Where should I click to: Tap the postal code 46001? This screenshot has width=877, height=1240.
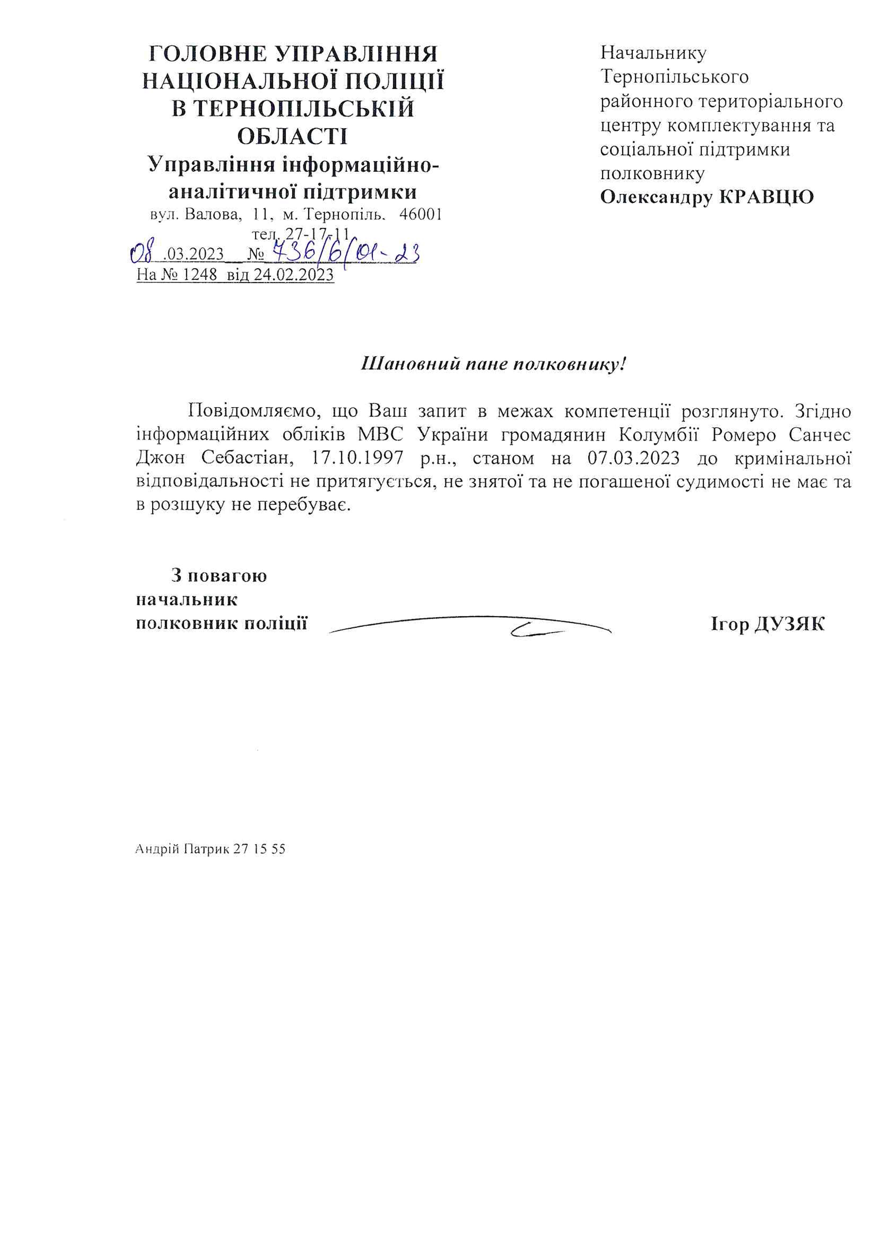pos(420,215)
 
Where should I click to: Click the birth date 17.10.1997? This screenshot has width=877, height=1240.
pos(357,458)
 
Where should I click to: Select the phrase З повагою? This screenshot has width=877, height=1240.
pos(219,576)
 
